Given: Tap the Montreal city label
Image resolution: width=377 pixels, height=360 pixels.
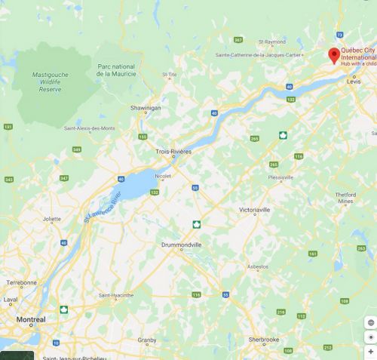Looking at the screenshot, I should tap(27, 320).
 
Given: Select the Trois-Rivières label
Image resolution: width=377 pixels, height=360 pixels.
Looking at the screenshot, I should tap(173, 152).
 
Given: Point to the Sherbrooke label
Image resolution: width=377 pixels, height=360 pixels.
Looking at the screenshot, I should tap(265, 340).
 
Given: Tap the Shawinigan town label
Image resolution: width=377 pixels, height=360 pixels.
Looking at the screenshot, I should tap(146, 108).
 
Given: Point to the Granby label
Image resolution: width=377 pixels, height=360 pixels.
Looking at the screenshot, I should tap(147, 340).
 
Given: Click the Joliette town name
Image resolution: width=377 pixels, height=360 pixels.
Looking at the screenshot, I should tap(52, 220).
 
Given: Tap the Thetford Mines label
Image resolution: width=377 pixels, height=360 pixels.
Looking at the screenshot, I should tap(345, 198).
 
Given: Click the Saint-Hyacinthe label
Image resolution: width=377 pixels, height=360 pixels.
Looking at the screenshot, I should tap(115, 295).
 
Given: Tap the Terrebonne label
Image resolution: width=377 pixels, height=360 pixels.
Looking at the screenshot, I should tap(21, 282).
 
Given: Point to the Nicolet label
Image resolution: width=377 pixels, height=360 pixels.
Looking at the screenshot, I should tap(164, 177).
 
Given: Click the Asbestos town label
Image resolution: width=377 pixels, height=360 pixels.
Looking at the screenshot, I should tap(259, 266).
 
